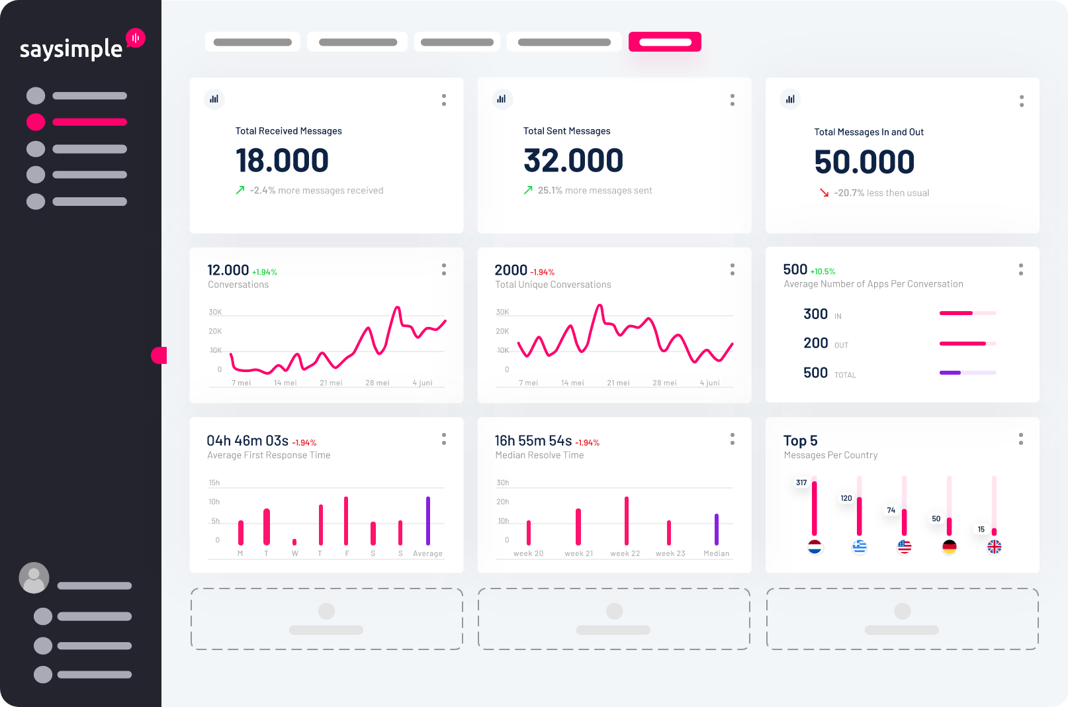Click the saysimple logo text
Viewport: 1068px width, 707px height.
[x=71, y=49]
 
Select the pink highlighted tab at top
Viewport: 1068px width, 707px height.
[x=664, y=42]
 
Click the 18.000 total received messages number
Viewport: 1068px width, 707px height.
[x=282, y=161]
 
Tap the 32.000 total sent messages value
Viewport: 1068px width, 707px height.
[x=573, y=161]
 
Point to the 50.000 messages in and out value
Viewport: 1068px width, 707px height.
[x=864, y=162]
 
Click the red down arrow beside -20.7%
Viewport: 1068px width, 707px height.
[x=824, y=193]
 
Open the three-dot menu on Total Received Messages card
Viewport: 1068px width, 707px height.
[x=444, y=100]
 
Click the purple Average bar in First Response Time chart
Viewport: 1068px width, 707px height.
[x=428, y=520]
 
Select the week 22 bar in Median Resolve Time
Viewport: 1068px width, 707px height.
[x=626, y=520]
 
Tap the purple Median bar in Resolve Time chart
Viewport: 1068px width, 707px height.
[x=716, y=529]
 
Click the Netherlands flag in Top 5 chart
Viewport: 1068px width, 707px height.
[x=815, y=547]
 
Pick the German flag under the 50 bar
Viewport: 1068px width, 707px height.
[x=950, y=547]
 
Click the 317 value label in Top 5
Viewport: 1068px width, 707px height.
[x=801, y=483]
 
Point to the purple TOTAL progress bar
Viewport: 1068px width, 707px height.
[x=950, y=373]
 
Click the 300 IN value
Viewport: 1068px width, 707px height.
[x=815, y=314]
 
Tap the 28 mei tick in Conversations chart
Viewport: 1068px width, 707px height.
[x=377, y=383]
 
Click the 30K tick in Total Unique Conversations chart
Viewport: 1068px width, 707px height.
[x=502, y=312]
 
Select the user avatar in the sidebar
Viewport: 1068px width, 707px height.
[x=34, y=578]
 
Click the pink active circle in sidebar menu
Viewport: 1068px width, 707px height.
[x=36, y=122]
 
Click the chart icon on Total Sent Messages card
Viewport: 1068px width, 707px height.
[x=502, y=99]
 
